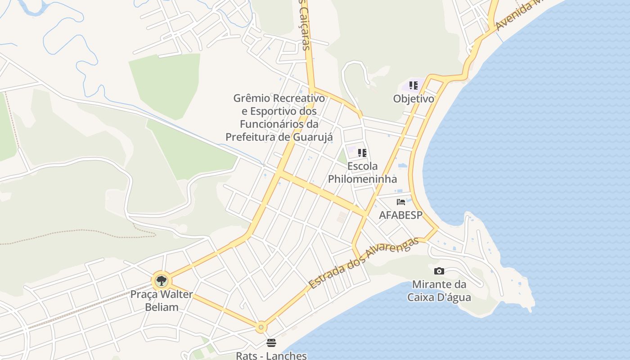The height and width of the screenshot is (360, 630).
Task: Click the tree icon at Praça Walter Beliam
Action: [x=161, y=281]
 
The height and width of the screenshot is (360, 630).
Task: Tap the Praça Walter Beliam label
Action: [x=161, y=301]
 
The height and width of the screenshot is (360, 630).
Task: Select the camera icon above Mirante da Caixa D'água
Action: [x=439, y=271]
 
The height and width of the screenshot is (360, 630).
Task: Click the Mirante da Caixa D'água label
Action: [x=439, y=291]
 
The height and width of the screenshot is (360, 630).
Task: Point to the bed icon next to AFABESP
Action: [x=400, y=202]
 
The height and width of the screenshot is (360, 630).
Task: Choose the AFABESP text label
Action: [x=400, y=215]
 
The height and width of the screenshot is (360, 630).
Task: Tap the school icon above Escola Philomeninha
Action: [x=362, y=153]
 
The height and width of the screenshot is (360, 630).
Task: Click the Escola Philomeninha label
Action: [x=362, y=173]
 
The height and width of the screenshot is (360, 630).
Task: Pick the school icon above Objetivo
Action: [x=413, y=85]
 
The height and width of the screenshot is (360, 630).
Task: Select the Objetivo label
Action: [x=413, y=99]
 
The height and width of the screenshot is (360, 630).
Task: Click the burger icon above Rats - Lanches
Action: [x=271, y=343]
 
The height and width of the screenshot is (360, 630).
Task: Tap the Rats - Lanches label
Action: [x=271, y=355]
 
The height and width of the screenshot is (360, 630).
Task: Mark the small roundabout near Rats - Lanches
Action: [x=261, y=327]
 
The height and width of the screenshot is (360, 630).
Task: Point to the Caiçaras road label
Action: [x=305, y=25]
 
